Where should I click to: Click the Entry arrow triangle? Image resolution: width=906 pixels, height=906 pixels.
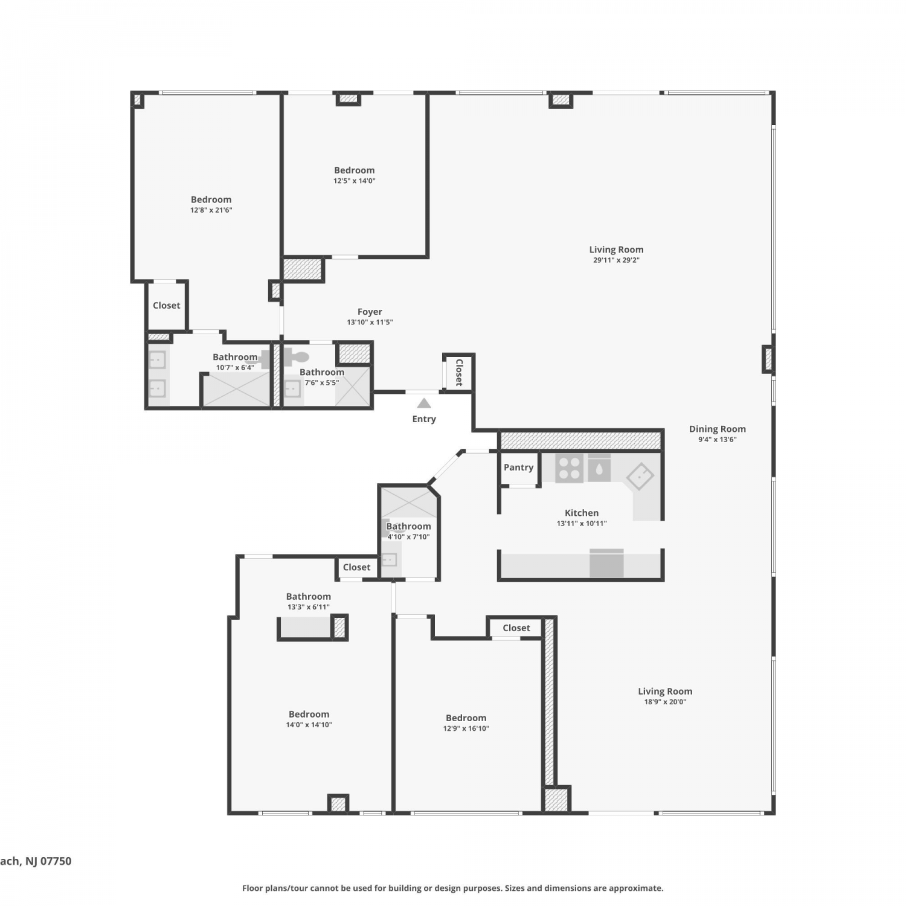(x=424, y=403)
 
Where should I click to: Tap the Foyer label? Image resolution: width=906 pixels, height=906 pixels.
(x=370, y=312)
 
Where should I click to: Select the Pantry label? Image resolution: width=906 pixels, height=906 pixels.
(x=518, y=467)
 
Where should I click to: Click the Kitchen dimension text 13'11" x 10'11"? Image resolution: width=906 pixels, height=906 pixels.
(x=582, y=524)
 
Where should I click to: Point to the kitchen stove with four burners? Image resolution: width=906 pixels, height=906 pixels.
(x=569, y=468)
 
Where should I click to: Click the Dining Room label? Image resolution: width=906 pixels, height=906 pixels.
(x=718, y=429)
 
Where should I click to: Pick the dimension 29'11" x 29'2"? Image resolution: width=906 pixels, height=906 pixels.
(x=616, y=260)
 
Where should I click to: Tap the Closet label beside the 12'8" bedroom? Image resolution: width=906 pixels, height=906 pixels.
(x=166, y=306)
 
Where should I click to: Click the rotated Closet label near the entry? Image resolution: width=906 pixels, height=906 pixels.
(x=459, y=372)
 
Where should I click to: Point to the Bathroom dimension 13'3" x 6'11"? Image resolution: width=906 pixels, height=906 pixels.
(x=309, y=607)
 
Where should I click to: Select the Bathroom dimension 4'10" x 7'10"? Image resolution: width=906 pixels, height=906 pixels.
(x=408, y=537)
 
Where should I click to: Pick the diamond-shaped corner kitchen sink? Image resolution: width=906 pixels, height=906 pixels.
(x=640, y=477)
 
